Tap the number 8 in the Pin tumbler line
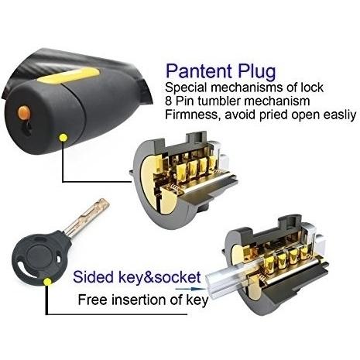[x=168, y=101]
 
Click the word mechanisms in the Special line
[x=247, y=87]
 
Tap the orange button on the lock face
[x=24, y=112]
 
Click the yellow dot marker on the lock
[x=63, y=137]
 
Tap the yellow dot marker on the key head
[x=47, y=282]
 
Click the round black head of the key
[x=41, y=256]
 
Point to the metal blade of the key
[x=87, y=218]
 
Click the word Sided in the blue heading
[x=93, y=276]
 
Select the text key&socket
[x=159, y=277]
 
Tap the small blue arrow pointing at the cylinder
[x=190, y=289]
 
